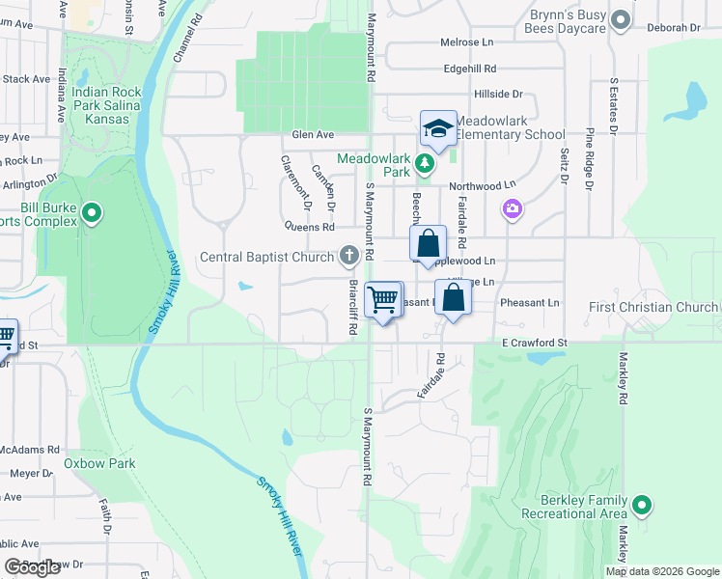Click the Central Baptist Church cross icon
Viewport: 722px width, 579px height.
(x=348, y=257)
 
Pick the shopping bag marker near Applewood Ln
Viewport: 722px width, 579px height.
(x=428, y=243)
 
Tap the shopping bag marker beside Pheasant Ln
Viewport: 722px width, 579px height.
(x=453, y=296)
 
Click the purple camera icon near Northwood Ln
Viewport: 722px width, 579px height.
(x=513, y=208)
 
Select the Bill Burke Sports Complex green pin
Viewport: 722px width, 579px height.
(x=93, y=211)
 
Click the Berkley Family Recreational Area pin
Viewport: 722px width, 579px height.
(x=642, y=505)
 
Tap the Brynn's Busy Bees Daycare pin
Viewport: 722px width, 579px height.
(x=622, y=20)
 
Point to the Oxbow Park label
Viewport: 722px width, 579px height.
(x=99, y=463)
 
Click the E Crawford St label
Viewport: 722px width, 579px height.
(x=534, y=342)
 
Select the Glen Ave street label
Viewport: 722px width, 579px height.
(x=313, y=135)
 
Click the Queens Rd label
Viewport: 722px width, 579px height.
(x=309, y=228)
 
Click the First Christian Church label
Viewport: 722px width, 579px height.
(x=653, y=308)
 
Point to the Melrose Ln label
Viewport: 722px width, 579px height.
(x=466, y=43)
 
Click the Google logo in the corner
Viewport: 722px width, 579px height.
(x=32, y=567)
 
